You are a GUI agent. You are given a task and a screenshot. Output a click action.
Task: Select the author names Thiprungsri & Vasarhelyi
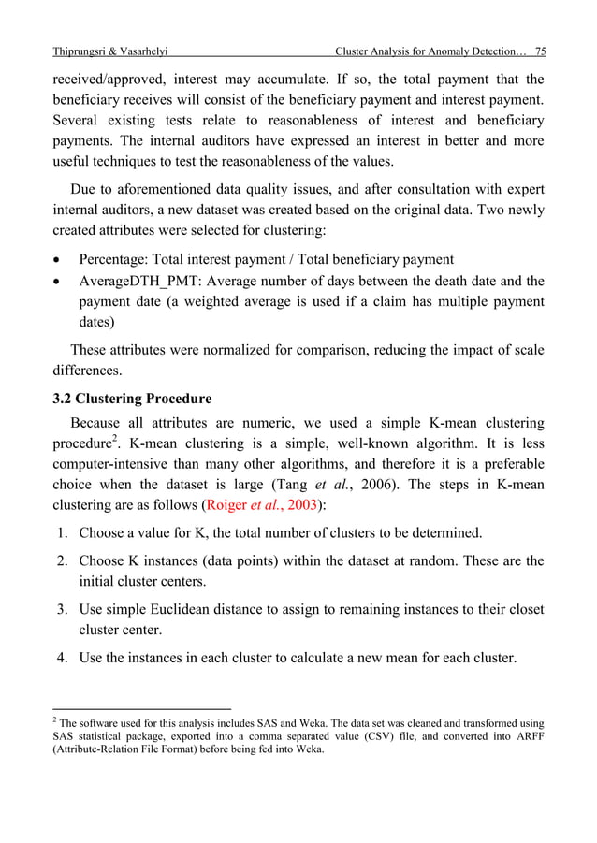109,49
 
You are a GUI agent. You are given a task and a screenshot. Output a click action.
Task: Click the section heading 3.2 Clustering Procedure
131,400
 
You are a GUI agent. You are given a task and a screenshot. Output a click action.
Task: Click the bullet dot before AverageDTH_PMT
60,282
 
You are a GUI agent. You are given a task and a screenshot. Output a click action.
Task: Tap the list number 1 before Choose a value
62,533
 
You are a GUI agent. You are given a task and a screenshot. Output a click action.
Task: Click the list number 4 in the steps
62,660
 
